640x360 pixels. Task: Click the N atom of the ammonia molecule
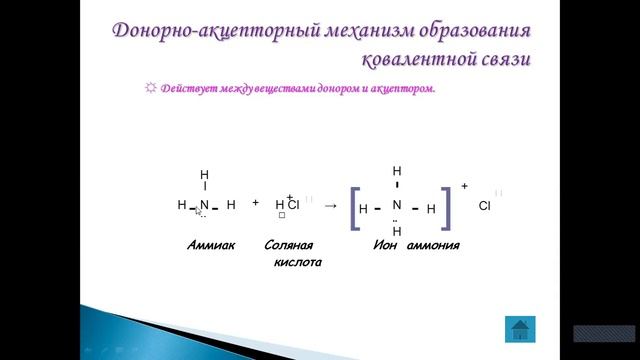pos(204,205)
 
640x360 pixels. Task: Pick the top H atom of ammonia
pos(204,175)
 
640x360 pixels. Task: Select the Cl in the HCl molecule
pos(294,205)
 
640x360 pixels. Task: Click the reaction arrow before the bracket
pos(331,206)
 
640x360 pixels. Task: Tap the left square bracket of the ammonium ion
pos(354,208)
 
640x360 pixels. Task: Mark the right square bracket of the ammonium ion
pos(446,208)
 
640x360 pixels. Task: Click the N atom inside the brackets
pos(396,205)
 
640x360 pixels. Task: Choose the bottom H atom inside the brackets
pos(396,232)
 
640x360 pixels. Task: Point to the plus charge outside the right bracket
pos(464,186)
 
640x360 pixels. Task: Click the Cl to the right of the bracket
pos(485,206)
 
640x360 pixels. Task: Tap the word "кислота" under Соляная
pos(298,262)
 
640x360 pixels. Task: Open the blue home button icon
pos(519,328)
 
